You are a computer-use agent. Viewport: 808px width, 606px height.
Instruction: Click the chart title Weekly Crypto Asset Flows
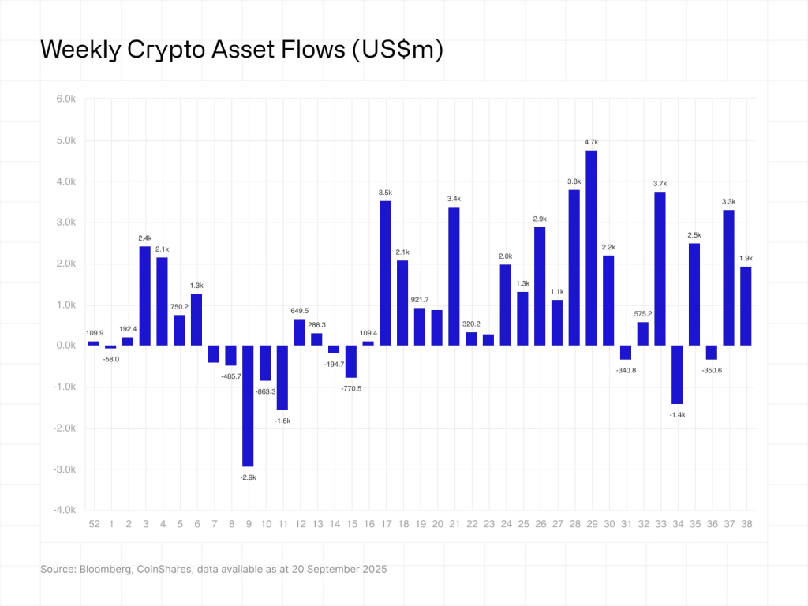pos(241,49)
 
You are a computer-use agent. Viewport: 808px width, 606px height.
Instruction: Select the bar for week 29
pos(591,248)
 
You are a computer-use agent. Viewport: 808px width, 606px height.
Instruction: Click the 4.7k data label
pos(591,142)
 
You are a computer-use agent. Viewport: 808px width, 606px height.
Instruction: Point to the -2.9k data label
pos(248,477)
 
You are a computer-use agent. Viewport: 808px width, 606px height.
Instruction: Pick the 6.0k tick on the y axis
pos(65,99)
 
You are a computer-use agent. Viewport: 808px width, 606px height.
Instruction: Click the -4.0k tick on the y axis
pos(63,511)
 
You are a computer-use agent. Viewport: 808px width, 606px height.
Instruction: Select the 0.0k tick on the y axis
pos(65,346)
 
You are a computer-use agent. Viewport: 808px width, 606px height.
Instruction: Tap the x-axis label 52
pos(94,524)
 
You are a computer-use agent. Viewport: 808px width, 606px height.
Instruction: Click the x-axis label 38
pos(746,524)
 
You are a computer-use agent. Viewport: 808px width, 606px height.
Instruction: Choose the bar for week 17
pos(385,273)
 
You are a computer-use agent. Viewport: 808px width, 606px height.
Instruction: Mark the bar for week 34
pos(677,374)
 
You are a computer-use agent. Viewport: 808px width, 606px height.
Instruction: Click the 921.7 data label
pos(420,299)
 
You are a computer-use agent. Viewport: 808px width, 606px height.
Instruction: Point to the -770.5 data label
pos(351,388)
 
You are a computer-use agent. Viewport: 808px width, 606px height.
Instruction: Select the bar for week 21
pos(454,276)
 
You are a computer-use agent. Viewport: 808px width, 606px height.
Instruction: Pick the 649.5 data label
pos(299,310)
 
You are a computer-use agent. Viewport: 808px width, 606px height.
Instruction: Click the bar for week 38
pos(746,306)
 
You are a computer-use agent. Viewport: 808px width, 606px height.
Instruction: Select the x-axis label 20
pos(436,524)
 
